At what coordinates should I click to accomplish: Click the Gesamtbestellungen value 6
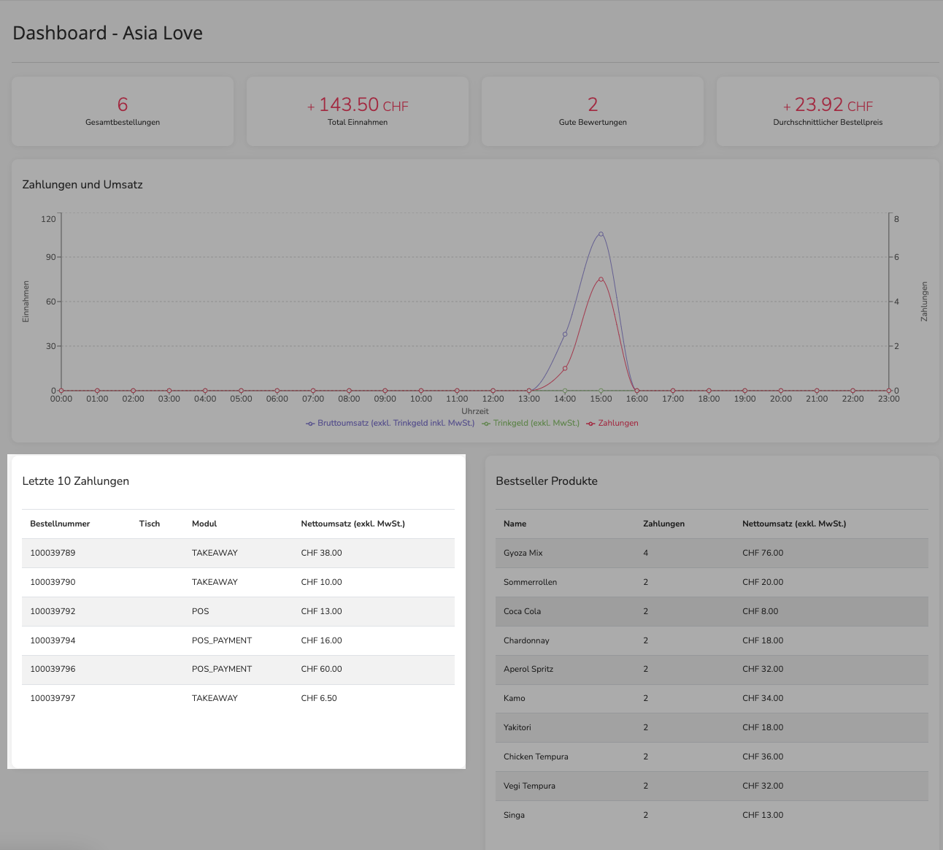tap(123, 104)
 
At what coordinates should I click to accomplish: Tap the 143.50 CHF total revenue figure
tap(358, 105)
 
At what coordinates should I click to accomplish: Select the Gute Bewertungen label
tap(593, 122)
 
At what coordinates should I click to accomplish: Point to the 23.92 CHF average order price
tap(828, 105)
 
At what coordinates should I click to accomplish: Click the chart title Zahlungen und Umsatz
tap(82, 185)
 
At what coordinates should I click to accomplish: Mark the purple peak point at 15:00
tap(601, 234)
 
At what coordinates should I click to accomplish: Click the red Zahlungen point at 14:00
tap(565, 368)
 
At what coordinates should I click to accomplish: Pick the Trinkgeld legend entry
tap(531, 424)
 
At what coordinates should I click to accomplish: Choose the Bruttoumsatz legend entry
tap(390, 424)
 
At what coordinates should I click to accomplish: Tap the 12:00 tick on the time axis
tap(493, 399)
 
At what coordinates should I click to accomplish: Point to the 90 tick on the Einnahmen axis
tap(51, 257)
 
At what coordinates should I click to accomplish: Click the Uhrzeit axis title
tap(475, 411)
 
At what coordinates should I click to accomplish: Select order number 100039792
tap(53, 611)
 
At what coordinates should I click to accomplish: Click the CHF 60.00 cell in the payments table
tap(322, 669)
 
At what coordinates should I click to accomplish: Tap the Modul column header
tap(204, 524)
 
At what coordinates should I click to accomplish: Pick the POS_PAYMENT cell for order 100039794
tap(222, 640)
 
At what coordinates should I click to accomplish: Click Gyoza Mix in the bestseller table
tap(523, 554)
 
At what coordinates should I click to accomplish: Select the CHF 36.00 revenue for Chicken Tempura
tap(763, 757)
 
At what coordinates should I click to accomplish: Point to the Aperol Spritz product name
tap(528, 670)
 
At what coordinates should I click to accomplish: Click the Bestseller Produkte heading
tap(547, 481)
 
